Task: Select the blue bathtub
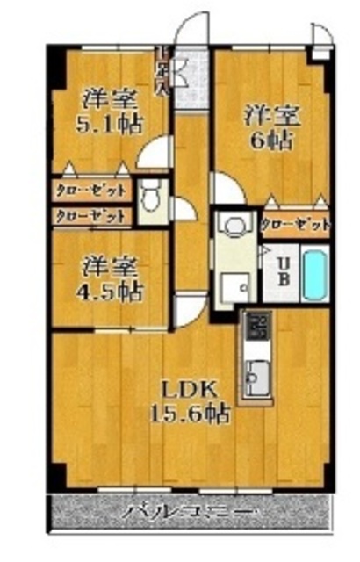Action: point(313,274)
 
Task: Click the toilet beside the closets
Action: point(153,194)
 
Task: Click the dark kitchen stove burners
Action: point(258,327)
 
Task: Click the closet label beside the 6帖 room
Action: point(296,225)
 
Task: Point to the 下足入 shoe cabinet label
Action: point(162,70)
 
